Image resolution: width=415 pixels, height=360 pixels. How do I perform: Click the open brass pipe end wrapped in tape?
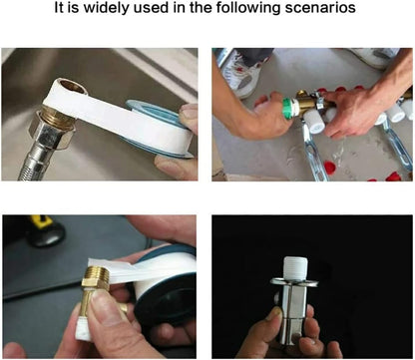click(x=71, y=86)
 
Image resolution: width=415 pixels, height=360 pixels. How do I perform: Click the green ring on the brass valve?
click(x=286, y=108)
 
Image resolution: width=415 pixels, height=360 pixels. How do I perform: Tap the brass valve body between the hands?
click(x=305, y=102)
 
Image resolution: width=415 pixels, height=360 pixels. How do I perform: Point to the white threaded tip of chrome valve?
click(x=295, y=267)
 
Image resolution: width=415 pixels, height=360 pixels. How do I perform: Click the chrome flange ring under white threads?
click(x=294, y=282)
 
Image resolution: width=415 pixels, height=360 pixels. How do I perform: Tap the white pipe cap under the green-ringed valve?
click(x=313, y=121)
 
